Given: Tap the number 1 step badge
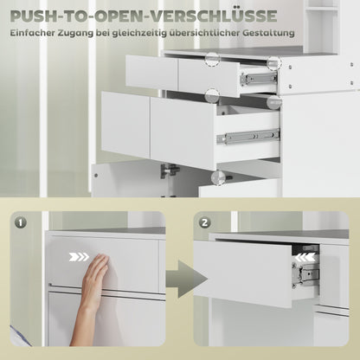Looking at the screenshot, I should [x=22, y=222].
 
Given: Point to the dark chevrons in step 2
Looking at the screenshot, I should [x=305, y=257].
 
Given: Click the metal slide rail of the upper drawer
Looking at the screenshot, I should [x=258, y=78].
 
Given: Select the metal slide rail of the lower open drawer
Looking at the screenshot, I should [x=248, y=137].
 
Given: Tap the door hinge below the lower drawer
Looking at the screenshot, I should [x=171, y=170].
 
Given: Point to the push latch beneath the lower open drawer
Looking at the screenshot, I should [x=218, y=177].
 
